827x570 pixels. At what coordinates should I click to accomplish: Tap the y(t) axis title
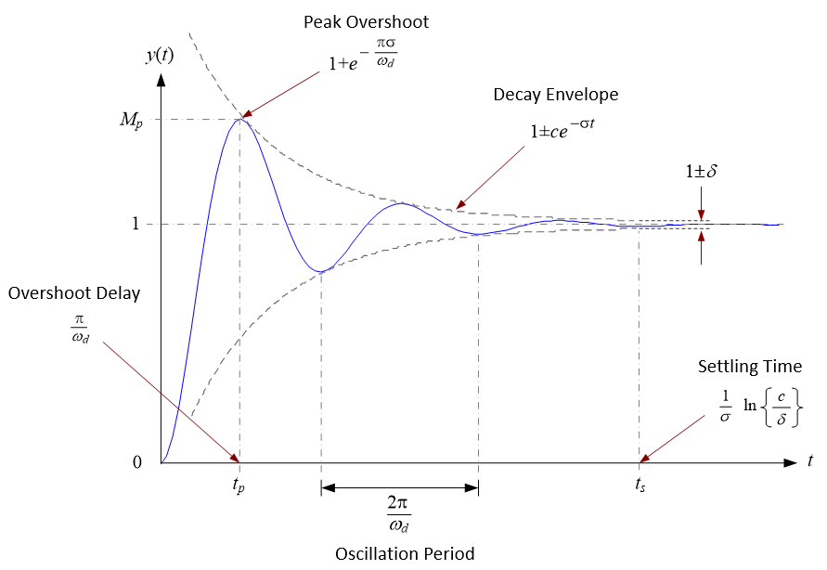160,55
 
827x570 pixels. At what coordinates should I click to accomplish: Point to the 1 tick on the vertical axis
136,224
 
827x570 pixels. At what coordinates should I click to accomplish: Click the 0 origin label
136,462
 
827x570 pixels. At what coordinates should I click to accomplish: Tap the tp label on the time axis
239,484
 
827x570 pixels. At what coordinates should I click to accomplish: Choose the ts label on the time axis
640,484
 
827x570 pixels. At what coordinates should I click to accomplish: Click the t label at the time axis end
810,461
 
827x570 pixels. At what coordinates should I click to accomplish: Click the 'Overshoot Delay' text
74,293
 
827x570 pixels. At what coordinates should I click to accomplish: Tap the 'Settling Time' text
749,367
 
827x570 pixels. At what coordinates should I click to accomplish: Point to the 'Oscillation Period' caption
405,554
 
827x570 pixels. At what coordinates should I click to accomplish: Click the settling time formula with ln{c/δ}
760,406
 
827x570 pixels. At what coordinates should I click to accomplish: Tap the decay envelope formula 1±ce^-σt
562,131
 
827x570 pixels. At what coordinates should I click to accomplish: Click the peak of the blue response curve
241,119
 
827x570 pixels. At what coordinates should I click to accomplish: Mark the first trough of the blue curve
321,271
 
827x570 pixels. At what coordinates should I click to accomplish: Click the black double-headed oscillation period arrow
399,486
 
